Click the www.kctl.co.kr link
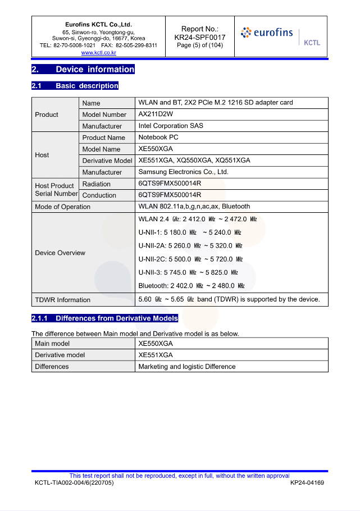98,52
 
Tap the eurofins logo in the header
267,33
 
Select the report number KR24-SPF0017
199,37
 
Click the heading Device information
95,70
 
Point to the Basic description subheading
86,86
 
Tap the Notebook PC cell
158,138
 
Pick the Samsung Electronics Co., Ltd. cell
183,172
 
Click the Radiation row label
96,184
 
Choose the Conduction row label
99,195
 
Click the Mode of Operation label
62,207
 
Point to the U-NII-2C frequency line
190,259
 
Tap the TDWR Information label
62,300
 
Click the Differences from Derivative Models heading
116,318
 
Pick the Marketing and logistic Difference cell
187,367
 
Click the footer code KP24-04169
307,483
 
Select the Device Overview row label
60,253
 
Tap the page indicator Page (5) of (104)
199,45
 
